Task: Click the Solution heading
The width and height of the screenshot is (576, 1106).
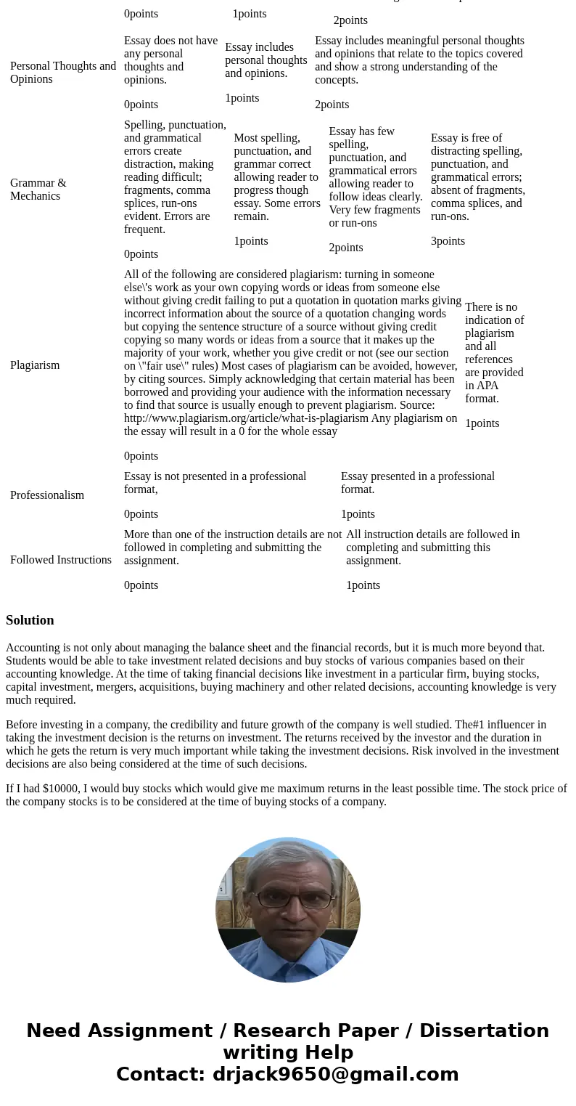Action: [30, 620]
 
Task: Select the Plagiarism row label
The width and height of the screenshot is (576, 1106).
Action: [35, 365]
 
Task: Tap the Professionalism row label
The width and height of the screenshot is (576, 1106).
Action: [47, 495]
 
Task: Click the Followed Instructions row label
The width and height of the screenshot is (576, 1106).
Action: [61, 560]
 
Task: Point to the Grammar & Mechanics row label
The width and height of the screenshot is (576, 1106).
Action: [38, 190]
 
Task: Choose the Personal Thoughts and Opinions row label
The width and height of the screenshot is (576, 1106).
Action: [63, 73]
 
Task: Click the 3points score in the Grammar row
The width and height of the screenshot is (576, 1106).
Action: [448, 241]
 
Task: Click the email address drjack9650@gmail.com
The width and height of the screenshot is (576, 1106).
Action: [335, 1075]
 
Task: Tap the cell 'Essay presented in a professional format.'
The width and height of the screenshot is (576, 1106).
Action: [417, 483]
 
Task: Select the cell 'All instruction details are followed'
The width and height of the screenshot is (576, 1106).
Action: [432, 548]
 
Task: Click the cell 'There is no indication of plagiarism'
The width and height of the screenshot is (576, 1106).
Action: [494, 353]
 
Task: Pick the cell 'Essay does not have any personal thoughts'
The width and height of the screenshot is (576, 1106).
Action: [170, 60]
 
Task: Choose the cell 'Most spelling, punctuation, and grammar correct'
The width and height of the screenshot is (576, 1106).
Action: [276, 177]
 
